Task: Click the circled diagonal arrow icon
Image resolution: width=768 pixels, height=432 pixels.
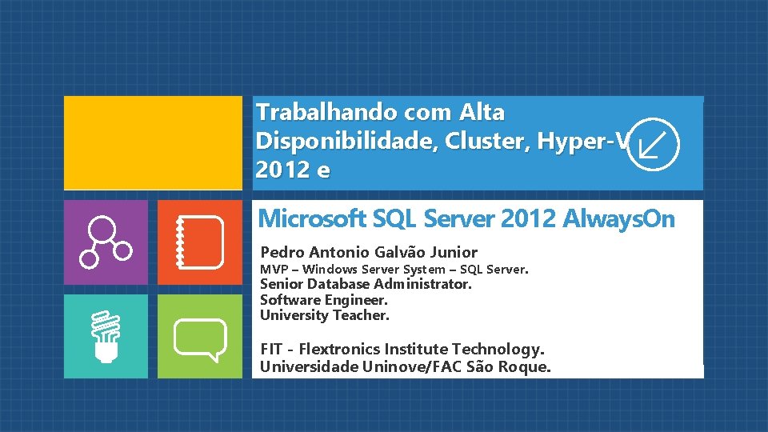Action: pyautogui.click(x=653, y=144)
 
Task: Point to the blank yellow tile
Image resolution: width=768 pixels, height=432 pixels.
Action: pyautogui.click(x=153, y=143)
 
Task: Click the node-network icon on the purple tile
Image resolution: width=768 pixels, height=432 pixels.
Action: pyautogui.click(x=106, y=242)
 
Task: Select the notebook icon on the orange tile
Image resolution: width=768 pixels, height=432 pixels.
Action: pyautogui.click(x=199, y=242)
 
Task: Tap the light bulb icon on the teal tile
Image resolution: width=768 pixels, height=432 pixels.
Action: pyautogui.click(x=106, y=337)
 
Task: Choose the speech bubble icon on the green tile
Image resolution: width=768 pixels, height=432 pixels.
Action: pyautogui.click(x=199, y=337)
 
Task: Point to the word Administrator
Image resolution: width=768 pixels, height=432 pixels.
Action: pyautogui.click(x=422, y=284)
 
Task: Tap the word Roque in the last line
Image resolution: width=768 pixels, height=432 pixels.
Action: pyautogui.click(x=529, y=367)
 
